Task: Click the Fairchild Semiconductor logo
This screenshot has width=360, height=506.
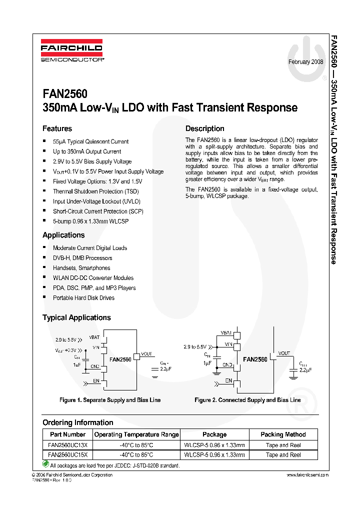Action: pyautogui.click(x=71, y=51)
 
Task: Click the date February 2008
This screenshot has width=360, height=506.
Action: pyautogui.click(x=305, y=61)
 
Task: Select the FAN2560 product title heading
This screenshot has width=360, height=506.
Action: pyautogui.click(x=65, y=94)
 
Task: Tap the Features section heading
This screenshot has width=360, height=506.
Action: pyautogui.click(x=57, y=128)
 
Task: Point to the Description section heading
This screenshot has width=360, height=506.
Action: pyautogui.click(x=205, y=128)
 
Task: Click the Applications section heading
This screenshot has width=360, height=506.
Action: pyautogui.click(x=63, y=235)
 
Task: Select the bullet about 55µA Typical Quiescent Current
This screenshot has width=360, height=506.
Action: pyautogui.click(x=90, y=141)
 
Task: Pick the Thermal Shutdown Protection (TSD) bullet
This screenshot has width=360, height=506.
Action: pyautogui.click(x=96, y=191)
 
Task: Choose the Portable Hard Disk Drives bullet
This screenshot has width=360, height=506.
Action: pyautogui.click(x=83, y=298)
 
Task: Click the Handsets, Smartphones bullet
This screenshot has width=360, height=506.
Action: pyautogui.click(x=82, y=268)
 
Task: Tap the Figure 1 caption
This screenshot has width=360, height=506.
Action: pyautogui.click(x=110, y=400)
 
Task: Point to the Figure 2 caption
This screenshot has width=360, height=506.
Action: pyautogui.click(x=247, y=400)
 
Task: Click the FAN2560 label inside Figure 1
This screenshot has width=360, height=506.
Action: pyautogui.click(x=120, y=359)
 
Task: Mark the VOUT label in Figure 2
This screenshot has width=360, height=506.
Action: pyautogui.click(x=284, y=353)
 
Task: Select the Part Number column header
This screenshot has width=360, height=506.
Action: pyautogui.click(x=68, y=434)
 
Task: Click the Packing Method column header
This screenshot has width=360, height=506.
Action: pyautogui.click(x=283, y=434)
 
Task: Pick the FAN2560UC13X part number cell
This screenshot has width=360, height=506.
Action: pyautogui.click(x=68, y=445)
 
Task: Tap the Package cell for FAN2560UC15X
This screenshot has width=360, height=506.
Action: pyautogui.click(x=214, y=455)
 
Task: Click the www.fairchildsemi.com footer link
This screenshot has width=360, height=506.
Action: pyautogui.click(x=307, y=475)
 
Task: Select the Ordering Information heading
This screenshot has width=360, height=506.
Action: pyautogui.click(x=77, y=422)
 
